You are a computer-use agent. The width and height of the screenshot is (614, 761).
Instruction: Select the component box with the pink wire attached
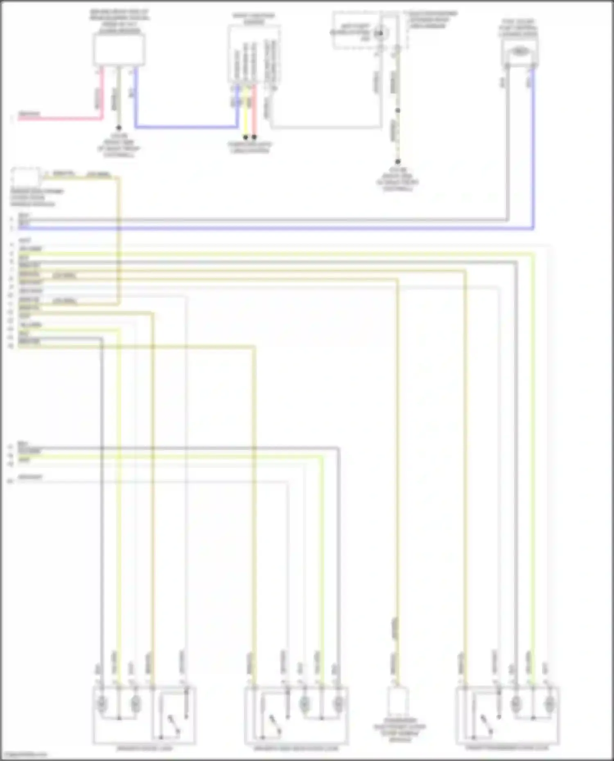[x=119, y=49]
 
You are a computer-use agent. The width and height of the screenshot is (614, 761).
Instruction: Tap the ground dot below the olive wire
[x=119, y=128]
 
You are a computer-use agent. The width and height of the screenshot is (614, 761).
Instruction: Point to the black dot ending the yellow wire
[x=246, y=137]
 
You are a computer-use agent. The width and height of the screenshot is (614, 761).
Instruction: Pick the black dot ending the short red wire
[x=254, y=137]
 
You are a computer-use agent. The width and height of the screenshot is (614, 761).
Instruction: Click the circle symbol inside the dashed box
[x=380, y=33]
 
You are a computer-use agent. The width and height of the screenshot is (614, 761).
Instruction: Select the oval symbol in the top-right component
[x=519, y=52]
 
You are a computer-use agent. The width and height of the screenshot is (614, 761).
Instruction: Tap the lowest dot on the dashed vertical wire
[x=397, y=162]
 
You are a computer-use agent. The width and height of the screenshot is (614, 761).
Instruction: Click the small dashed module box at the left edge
[x=25, y=177]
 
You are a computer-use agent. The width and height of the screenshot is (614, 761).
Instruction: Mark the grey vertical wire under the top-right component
[x=508, y=143]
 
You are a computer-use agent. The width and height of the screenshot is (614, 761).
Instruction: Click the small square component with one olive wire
[x=397, y=703]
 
